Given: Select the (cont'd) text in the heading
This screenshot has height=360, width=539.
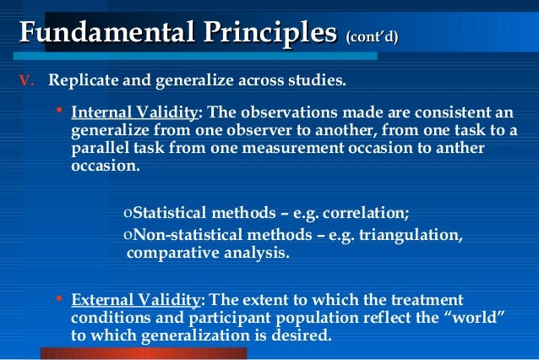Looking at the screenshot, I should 372,36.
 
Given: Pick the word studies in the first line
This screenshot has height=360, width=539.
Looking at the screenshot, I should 317,82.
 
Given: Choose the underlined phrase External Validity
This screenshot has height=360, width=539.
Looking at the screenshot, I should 136,300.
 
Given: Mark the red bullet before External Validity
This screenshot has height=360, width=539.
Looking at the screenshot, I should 58,298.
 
